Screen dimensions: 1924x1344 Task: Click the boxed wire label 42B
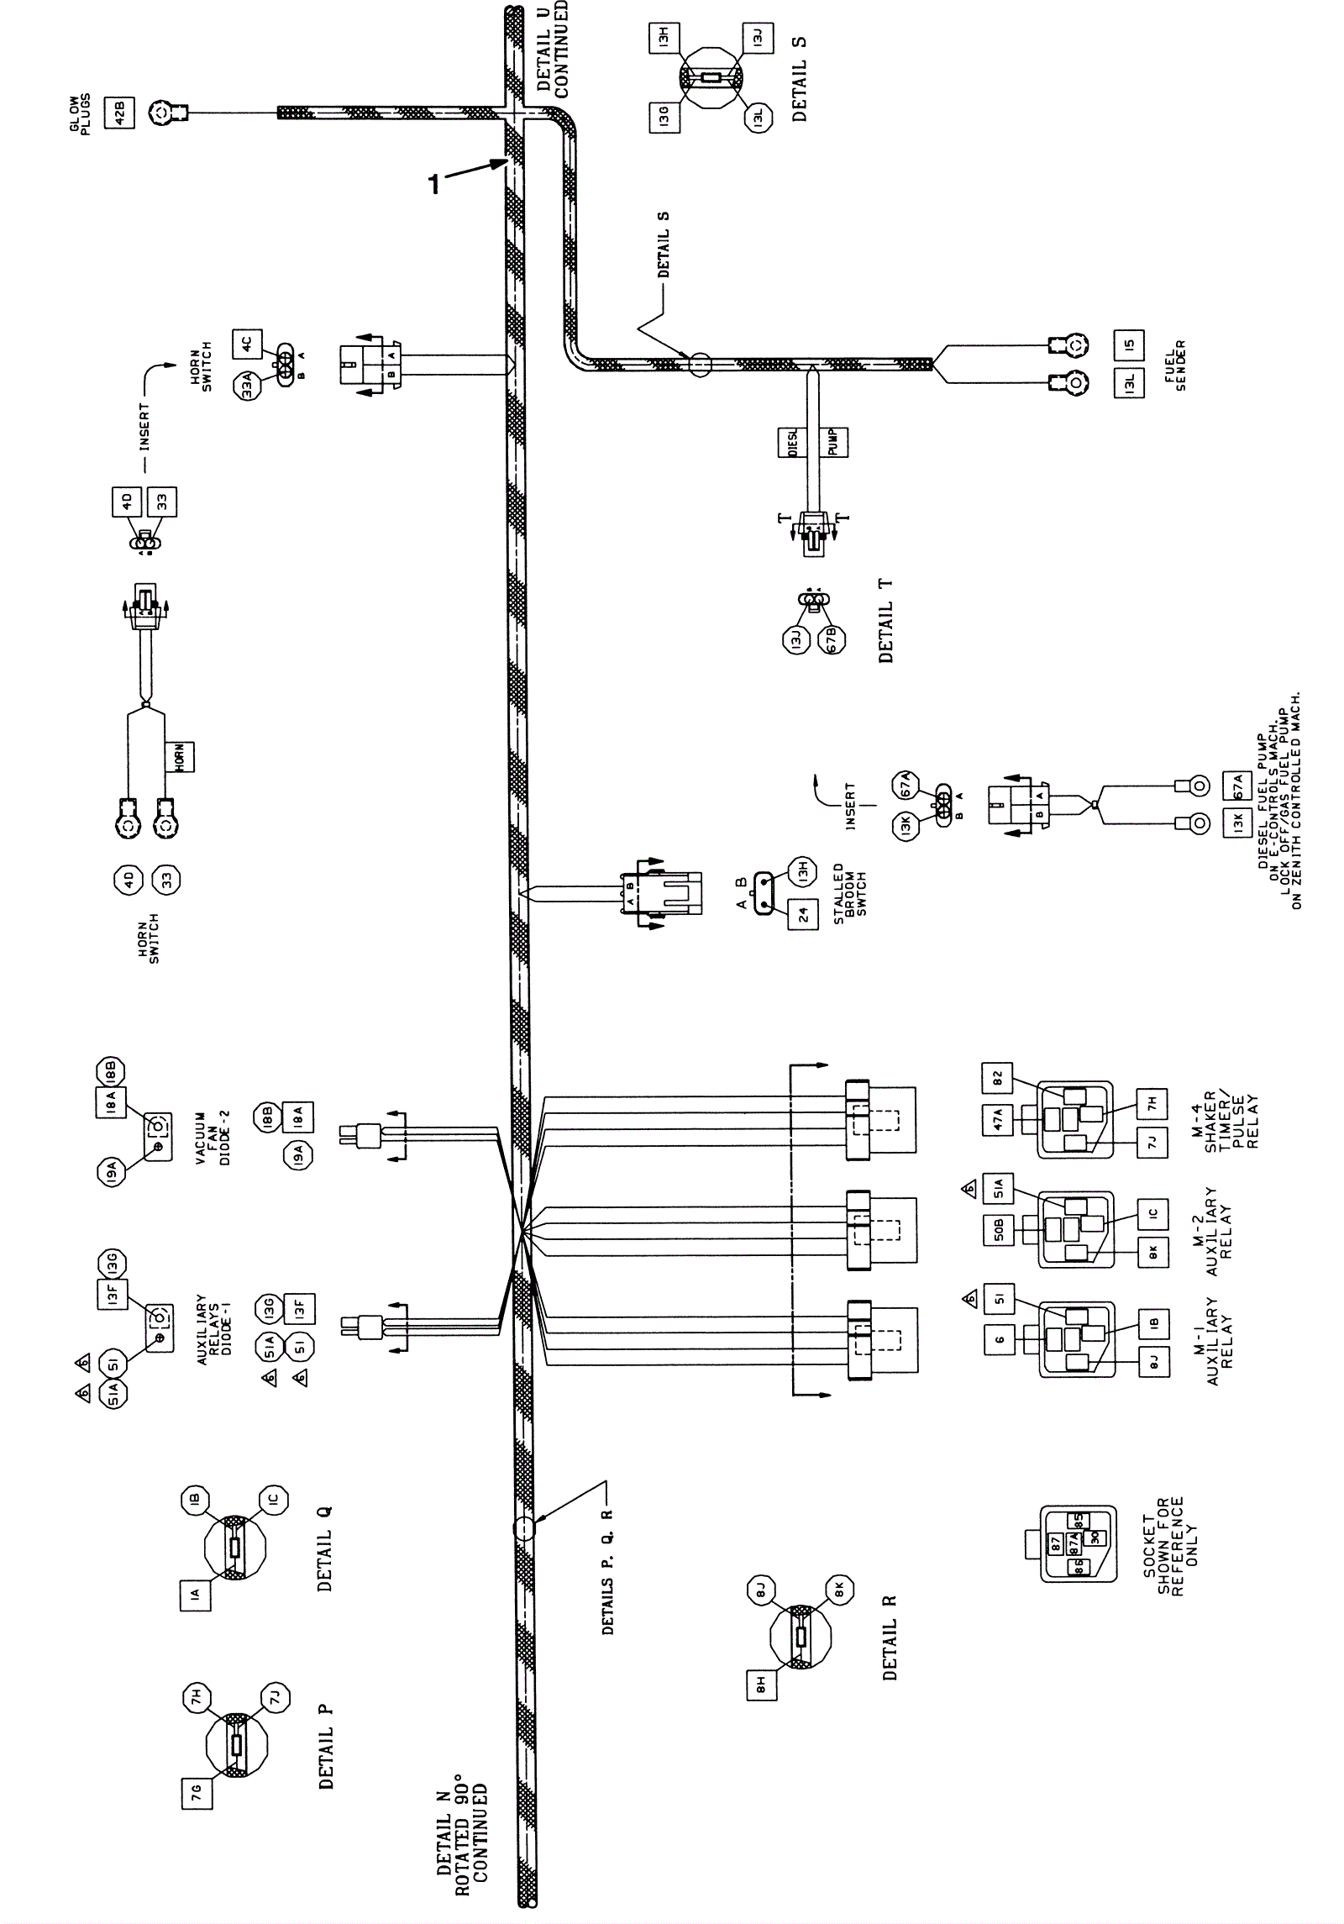[x=118, y=113]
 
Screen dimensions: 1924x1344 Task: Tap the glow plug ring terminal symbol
[x=161, y=111]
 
